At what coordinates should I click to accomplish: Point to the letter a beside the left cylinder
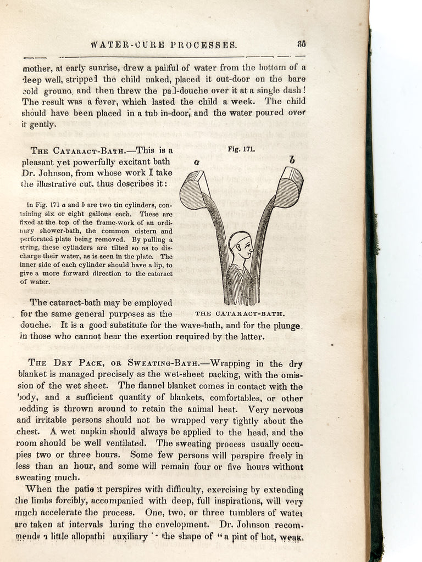(197, 162)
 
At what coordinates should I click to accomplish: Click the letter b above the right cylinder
(292, 160)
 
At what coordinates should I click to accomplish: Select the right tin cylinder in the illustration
(288, 187)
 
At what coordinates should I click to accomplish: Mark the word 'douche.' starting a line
(37, 325)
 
